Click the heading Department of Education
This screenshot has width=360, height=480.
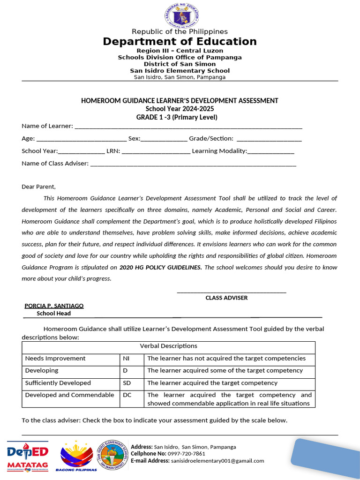coord(180,42)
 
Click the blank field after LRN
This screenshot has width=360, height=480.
coord(156,151)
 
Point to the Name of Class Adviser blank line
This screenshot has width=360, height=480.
coord(193,164)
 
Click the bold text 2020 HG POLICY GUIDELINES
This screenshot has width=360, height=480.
coord(161,267)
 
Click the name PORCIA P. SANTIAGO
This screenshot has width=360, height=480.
coord(54,306)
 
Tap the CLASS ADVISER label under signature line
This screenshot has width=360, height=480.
coord(226,298)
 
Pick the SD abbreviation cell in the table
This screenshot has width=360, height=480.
coord(127,383)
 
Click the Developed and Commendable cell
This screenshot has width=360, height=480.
coord(69,395)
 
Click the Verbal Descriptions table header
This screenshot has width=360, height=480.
coord(169,346)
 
